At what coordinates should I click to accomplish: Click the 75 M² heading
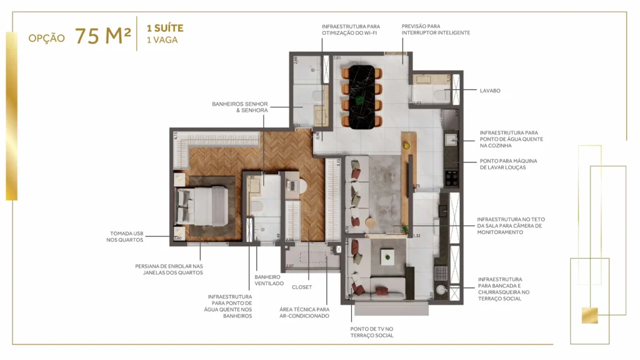102,36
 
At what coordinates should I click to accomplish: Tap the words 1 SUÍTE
164,29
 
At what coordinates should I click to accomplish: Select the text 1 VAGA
161,40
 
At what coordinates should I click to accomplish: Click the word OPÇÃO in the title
46,38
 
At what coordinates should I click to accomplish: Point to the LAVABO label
490,91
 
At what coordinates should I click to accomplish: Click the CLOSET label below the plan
301,287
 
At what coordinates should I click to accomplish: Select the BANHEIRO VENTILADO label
269,279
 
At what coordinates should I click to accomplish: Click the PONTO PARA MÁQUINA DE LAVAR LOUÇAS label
508,164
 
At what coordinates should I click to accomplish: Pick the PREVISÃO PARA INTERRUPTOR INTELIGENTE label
435,29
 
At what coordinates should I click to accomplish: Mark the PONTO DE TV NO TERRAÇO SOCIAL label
372,332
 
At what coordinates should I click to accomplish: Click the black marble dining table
362,96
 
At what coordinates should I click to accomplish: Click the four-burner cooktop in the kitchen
449,177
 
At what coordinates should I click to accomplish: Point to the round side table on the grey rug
369,221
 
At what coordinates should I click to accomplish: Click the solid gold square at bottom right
589,316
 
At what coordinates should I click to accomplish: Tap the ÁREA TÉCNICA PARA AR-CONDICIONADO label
304,312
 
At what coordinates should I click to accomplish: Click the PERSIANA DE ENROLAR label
169,269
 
